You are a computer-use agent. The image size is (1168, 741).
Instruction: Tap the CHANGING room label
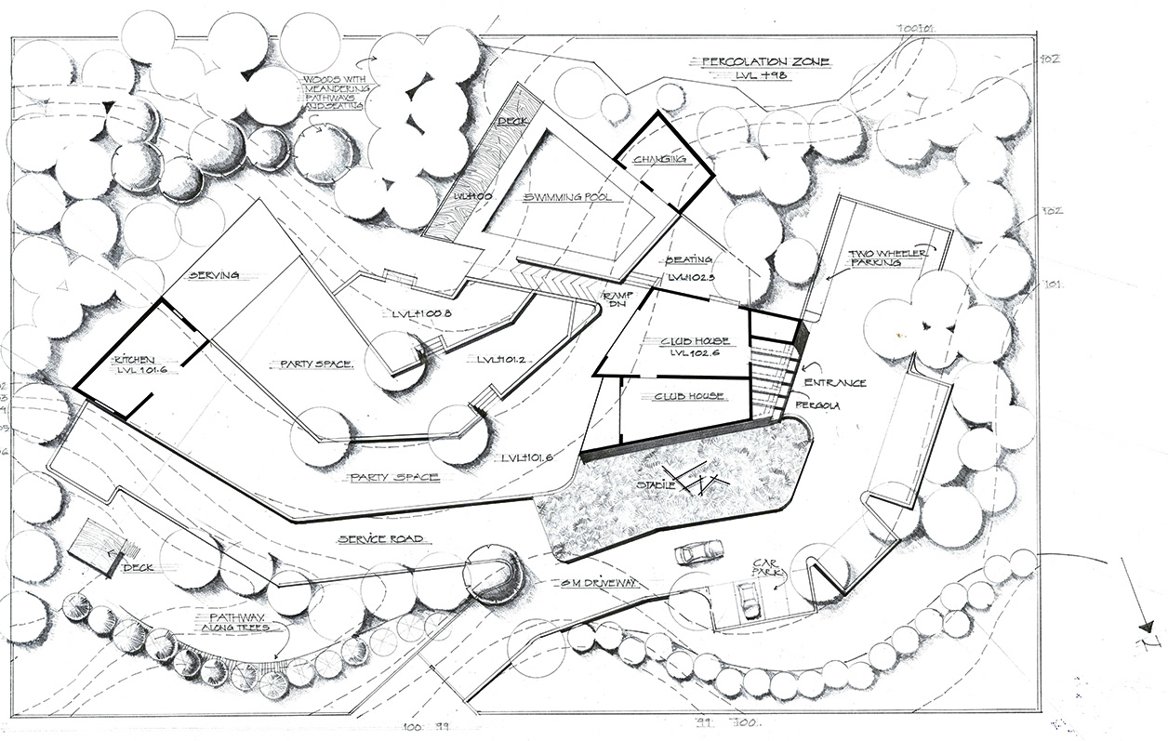click(x=659, y=160)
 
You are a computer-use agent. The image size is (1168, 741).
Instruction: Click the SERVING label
click(x=215, y=276)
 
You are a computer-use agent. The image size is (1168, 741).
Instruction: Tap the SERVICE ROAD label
click(x=380, y=539)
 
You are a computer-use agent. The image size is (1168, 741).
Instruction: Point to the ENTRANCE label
click(x=835, y=383)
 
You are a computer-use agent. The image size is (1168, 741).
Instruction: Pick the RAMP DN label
click(x=616, y=298)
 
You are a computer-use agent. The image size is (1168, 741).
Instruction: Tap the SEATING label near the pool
click(x=689, y=260)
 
